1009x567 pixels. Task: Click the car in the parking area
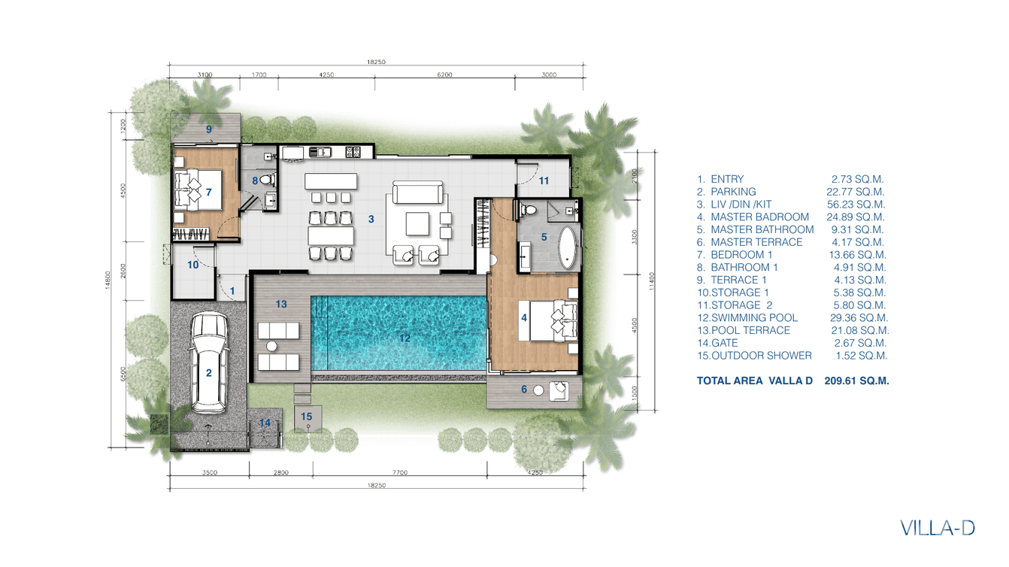click(x=208, y=362)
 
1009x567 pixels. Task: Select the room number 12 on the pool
click(x=405, y=338)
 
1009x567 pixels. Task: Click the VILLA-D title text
click(x=938, y=528)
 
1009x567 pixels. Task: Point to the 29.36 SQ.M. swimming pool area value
click(x=859, y=318)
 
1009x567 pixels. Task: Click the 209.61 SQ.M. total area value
click(x=857, y=381)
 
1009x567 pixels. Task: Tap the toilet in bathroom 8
click(x=268, y=180)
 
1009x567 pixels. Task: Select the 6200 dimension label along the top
click(x=444, y=74)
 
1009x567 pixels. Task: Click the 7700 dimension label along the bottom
click(x=399, y=472)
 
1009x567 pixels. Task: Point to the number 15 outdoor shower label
click(x=306, y=417)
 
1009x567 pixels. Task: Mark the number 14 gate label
click(x=265, y=423)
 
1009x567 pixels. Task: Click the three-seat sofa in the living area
click(x=417, y=193)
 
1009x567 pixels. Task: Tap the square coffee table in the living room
click(x=417, y=224)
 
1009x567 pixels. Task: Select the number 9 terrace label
click(x=208, y=129)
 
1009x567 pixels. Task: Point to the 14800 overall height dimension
click(x=108, y=280)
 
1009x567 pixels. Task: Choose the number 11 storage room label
click(x=544, y=181)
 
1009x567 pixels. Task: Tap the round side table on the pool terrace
click(x=271, y=346)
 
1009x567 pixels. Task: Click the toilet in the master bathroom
click(x=528, y=209)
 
